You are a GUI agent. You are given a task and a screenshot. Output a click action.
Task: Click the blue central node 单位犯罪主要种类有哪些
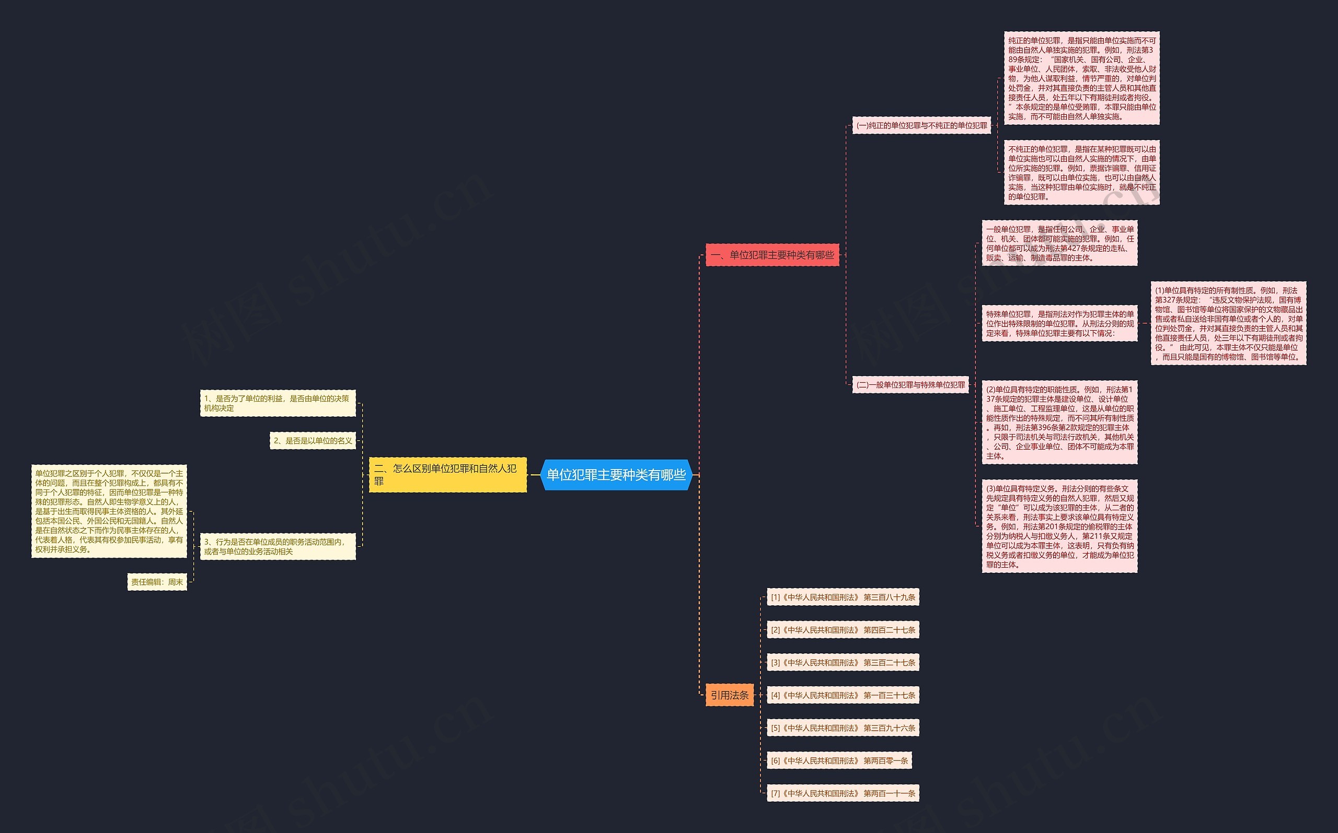[616, 474]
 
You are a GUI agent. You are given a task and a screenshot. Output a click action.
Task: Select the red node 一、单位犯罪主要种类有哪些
[772, 255]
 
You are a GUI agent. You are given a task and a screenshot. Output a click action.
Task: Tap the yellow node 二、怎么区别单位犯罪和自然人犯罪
[447, 474]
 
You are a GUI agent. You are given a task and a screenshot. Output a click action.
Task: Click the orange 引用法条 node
[730, 695]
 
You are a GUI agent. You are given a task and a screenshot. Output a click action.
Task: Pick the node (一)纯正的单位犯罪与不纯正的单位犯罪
[922, 126]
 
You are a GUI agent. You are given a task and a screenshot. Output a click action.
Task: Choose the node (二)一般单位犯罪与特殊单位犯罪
[911, 385]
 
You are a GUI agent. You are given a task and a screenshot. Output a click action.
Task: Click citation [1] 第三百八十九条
[843, 597]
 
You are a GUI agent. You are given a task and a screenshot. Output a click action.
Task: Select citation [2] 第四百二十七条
[843, 630]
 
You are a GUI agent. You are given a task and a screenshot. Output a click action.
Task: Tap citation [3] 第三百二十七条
[843, 663]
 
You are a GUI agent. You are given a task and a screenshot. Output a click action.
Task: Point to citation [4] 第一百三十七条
[843, 695]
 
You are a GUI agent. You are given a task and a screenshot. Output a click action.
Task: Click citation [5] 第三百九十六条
[843, 728]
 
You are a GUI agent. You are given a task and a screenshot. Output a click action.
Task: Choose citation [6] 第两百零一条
[839, 761]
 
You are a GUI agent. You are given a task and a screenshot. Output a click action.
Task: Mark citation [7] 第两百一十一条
[843, 793]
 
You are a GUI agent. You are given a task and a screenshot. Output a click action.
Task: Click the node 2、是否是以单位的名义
[313, 441]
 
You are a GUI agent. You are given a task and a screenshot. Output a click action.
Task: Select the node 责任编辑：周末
[157, 582]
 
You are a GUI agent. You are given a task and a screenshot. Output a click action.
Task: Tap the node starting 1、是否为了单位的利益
[278, 403]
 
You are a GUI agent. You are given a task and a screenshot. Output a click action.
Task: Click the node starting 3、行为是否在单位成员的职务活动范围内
[278, 546]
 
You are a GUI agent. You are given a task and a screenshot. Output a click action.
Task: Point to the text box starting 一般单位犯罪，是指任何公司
[1059, 243]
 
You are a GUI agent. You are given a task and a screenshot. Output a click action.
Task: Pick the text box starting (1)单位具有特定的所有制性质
[1229, 323]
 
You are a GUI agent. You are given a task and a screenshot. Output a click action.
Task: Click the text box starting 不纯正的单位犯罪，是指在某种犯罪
[1082, 172]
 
